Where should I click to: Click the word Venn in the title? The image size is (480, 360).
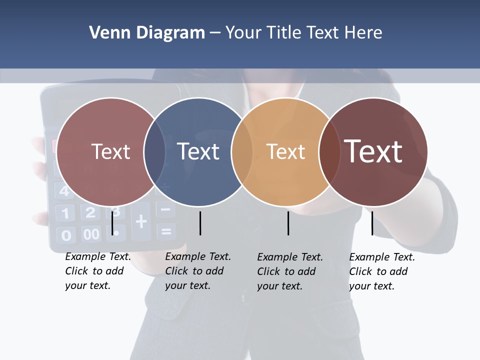pyautogui.click(x=106, y=33)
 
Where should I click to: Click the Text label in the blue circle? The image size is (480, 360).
pyautogui.click(x=198, y=151)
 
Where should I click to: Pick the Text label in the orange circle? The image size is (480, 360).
pyautogui.click(x=285, y=151)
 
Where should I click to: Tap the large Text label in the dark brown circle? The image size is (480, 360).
pyautogui.click(x=373, y=151)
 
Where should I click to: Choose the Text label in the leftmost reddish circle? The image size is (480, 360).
pyautogui.click(x=111, y=151)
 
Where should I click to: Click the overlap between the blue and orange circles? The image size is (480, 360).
pyautogui.click(x=241, y=152)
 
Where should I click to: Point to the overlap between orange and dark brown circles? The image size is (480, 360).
pyautogui.click(x=328, y=152)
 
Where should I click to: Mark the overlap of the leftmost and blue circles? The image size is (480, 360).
pyautogui.click(x=154, y=152)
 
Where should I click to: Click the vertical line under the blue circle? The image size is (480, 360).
pyautogui.click(x=200, y=223)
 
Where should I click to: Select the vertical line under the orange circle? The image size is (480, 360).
pyautogui.click(x=288, y=223)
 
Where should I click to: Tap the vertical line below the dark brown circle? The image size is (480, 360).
pyautogui.click(x=372, y=223)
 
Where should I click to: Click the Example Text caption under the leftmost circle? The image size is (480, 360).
pyautogui.click(x=98, y=271)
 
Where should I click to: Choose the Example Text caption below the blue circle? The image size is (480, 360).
pyautogui.click(x=198, y=271)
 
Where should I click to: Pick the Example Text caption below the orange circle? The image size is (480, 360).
pyautogui.click(x=290, y=271)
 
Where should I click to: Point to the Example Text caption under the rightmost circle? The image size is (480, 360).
pyautogui.click(x=382, y=271)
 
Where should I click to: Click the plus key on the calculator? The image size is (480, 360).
pyautogui.click(x=141, y=220)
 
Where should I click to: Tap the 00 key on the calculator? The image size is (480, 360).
pyautogui.click(x=91, y=234)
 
